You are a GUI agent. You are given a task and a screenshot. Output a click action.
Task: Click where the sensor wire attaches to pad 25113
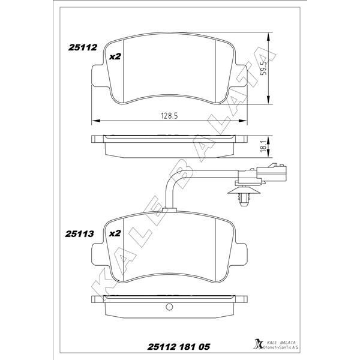pos(170,209)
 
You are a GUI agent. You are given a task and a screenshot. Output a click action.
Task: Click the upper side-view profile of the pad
pos(169,142)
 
